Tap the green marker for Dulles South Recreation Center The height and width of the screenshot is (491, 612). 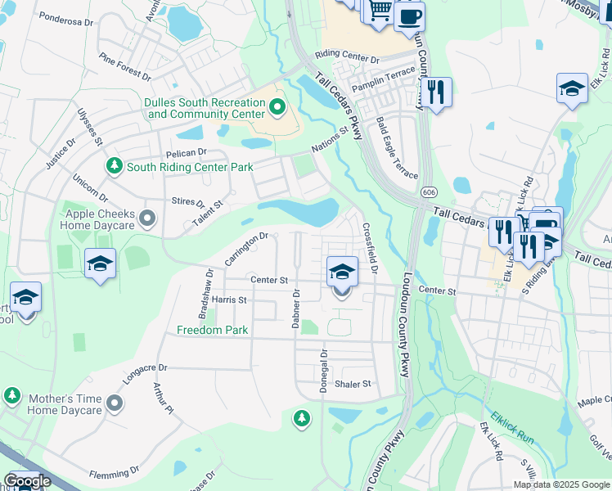coord(277,106)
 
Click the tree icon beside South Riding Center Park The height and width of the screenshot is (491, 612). coord(115,166)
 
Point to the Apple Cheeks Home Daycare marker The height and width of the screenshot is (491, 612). coord(147,218)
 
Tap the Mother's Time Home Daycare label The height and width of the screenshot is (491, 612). coord(65,403)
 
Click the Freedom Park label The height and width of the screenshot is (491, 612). coord(212,331)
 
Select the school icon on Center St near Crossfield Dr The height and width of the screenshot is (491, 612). coord(342,273)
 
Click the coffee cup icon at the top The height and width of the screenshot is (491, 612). coord(409,16)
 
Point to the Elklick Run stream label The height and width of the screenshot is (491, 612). coord(512,427)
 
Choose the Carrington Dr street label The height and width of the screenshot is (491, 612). coord(246,248)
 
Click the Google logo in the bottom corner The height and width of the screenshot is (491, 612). coord(27,481)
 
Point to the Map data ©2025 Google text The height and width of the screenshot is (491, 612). coord(560,484)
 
